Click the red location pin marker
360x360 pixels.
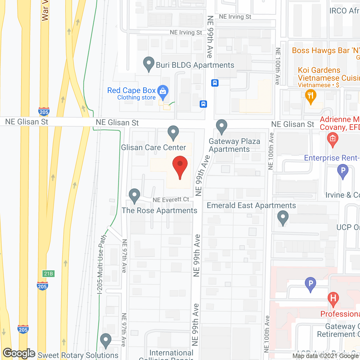[x=180, y=166]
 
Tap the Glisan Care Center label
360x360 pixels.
[x=154, y=147]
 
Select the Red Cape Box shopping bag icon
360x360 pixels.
[x=163, y=91]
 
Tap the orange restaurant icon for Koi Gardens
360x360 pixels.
[x=310, y=96]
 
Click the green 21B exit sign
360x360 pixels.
[x=48, y=274]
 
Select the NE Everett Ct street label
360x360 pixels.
[x=171, y=200]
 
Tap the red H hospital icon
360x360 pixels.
[x=333, y=298]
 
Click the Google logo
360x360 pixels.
[x=19, y=353]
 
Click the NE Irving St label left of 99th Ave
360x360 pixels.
[x=186, y=33]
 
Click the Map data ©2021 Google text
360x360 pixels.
[x=326, y=356]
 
